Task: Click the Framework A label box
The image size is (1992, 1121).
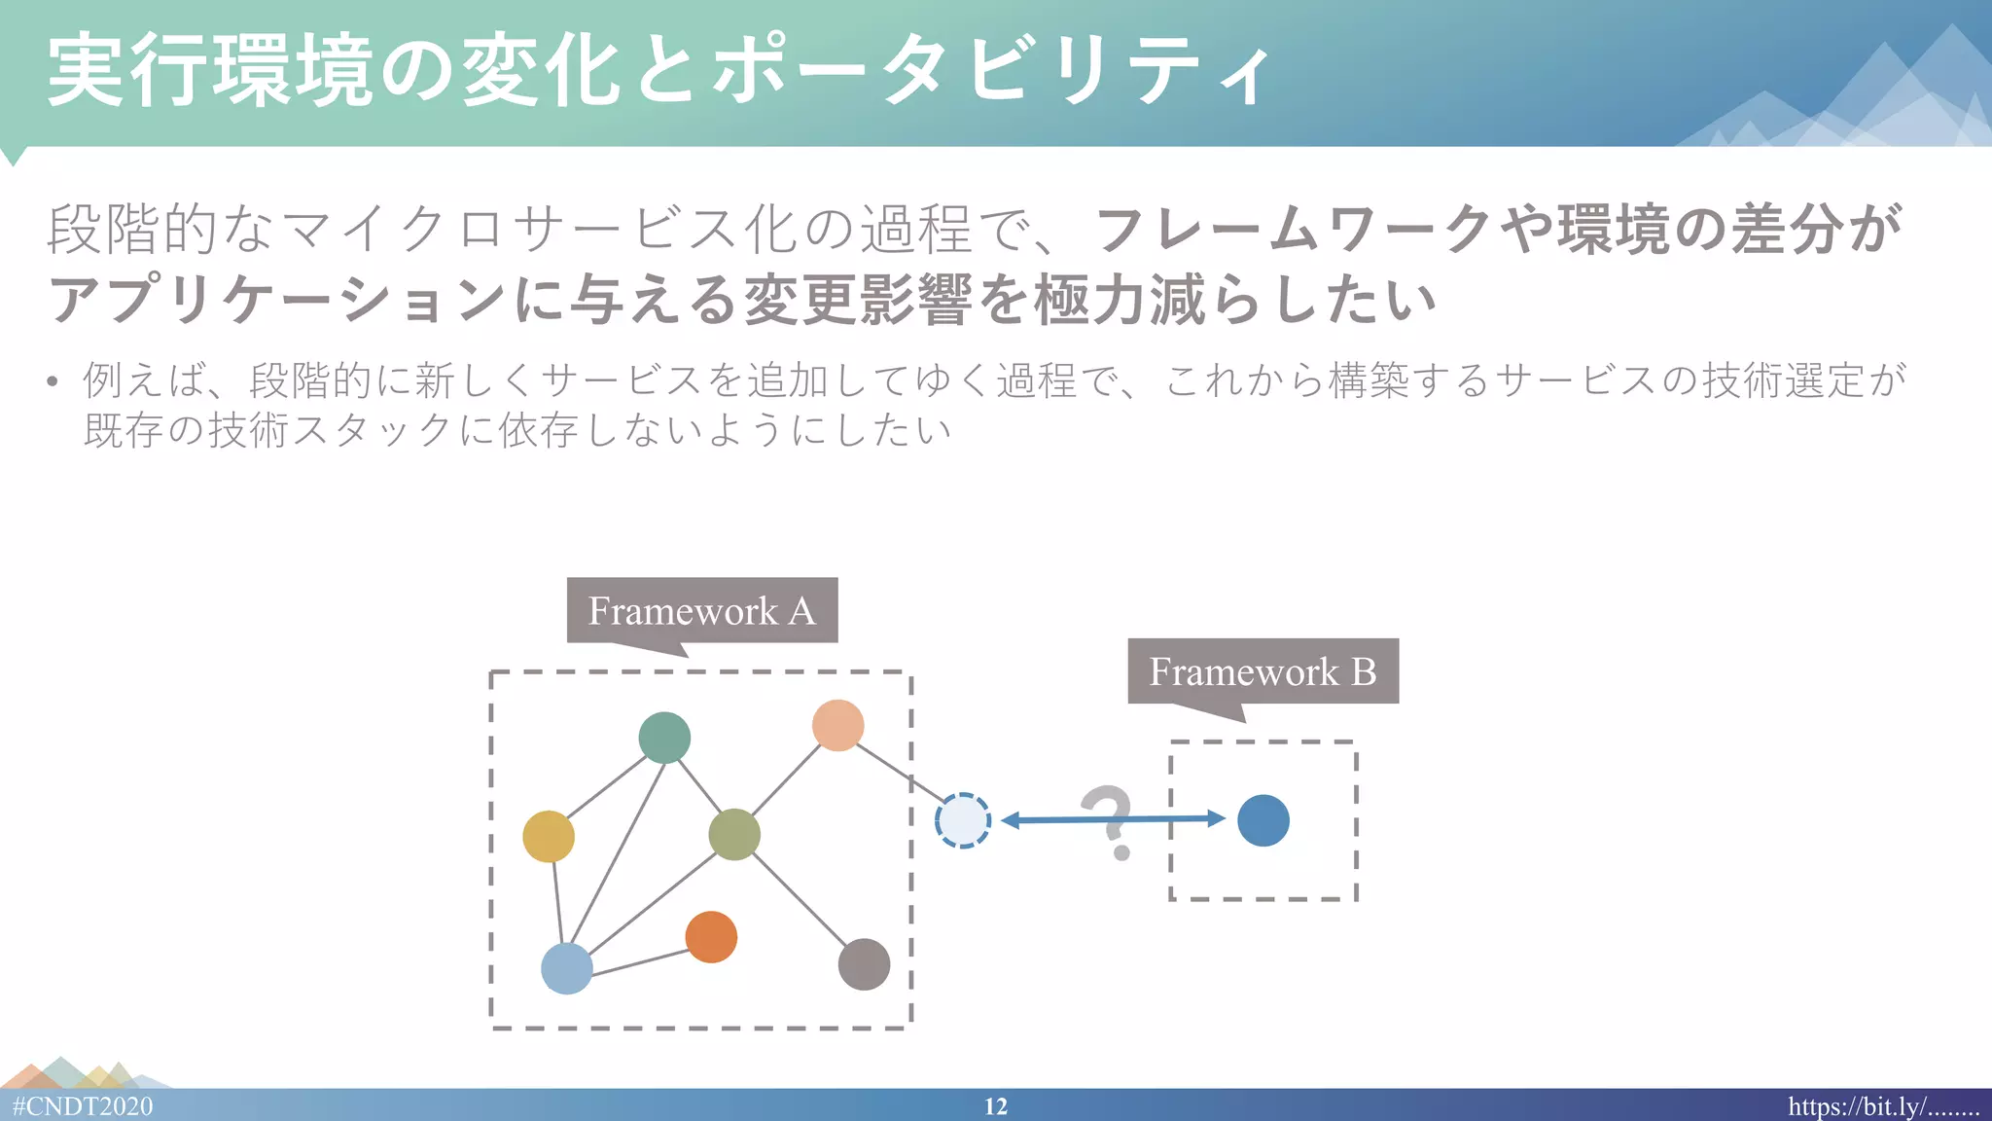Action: [x=701, y=610]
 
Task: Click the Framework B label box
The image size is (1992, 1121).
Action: [x=1263, y=670]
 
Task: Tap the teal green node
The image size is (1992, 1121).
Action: [x=664, y=738]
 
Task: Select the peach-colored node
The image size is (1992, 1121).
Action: [x=837, y=725]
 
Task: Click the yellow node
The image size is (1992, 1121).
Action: [x=549, y=836]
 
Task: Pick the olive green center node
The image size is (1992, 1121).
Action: [x=734, y=834]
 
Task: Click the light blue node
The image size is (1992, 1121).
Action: [x=566, y=968]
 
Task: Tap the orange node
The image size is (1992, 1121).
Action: [x=711, y=937]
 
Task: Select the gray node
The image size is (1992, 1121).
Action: [x=864, y=964]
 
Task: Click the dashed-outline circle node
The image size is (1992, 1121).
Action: [x=962, y=820]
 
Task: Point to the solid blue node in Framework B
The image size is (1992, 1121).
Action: [x=1263, y=820]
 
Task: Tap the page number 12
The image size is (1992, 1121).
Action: [x=995, y=1106]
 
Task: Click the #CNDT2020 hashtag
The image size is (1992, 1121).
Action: [x=83, y=1106]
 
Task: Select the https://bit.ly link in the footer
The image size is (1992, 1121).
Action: [x=1882, y=1106]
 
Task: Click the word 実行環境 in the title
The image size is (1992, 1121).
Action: [x=209, y=71]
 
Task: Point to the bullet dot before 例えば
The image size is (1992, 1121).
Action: [x=53, y=381]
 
